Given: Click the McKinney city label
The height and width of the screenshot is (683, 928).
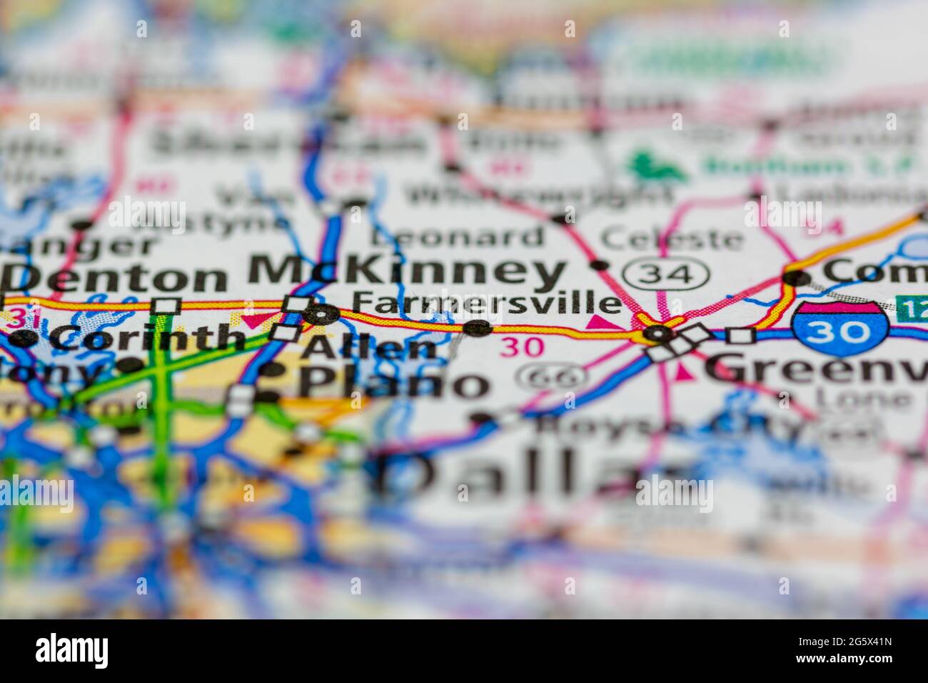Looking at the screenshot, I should (407, 272).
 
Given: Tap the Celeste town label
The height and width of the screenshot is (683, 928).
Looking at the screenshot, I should (671, 238).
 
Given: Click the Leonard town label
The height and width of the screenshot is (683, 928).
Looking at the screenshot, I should (458, 236).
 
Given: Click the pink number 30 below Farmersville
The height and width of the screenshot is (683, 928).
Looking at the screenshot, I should (521, 347).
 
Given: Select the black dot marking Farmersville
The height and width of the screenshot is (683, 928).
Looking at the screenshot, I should (477, 328).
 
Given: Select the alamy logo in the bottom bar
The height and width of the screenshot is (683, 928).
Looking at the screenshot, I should (72, 650).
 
